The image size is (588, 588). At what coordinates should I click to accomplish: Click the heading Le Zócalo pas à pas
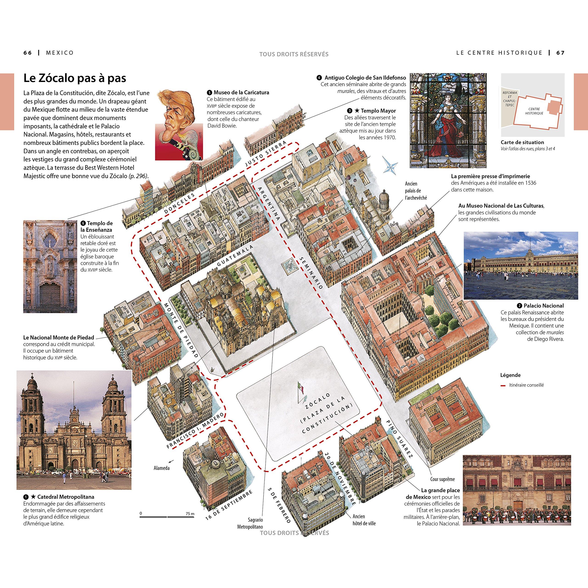click(x=75, y=79)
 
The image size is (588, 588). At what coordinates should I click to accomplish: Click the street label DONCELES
click(x=179, y=203)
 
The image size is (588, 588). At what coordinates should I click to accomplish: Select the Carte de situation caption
click(x=522, y=142)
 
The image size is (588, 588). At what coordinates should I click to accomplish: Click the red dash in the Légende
click(x=503, y=386)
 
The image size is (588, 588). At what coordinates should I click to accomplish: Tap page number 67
click(x=560, y=53)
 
